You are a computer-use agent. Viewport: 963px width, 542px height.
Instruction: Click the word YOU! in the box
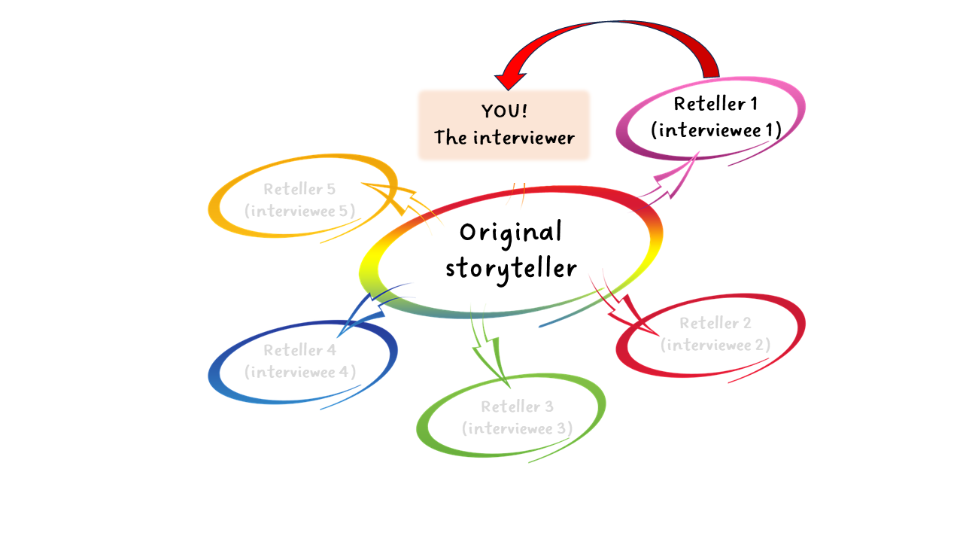pyautogui.click(x=504, y=111)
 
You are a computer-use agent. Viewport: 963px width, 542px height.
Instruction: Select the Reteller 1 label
pyautogui.click(x=709, y=104)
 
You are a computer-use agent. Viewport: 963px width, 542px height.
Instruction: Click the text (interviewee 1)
pyautogui.click(x=715, y=130)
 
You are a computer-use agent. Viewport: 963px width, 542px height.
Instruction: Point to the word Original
pyautogui.click(x=511, y=232)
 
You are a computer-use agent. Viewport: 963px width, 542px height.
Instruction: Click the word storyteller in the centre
pyautogui.click(x=511, y=268)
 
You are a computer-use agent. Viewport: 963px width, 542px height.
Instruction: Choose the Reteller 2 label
pyautogui.click(x=715, y=323)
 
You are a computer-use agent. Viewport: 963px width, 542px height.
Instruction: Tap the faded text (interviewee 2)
pyautogui.click(x=715, y=345)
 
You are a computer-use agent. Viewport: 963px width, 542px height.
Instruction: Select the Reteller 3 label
pyautogui.click(x=517, y=406)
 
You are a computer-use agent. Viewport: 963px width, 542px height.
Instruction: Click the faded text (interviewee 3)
pyautogui.click(x=517, y=428)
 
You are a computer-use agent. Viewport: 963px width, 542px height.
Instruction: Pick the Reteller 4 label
pyautogui.click(x=299, y=350)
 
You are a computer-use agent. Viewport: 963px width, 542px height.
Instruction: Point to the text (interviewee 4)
pyautogui.click(x=300, y=372)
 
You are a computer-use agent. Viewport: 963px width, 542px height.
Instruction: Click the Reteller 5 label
pyautogui.click(x=299, y=189)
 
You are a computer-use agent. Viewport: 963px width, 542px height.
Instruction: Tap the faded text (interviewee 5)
pyautogui.click(x=300, y=211)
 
